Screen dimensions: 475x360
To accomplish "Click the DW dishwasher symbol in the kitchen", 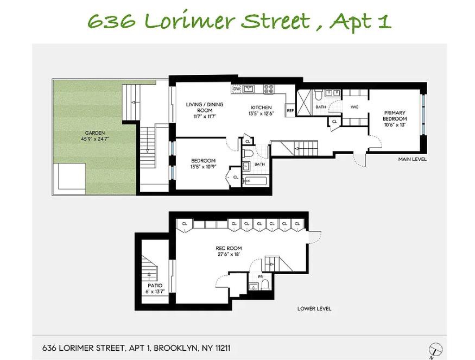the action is (237, 89).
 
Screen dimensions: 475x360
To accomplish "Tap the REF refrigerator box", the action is (290, 111).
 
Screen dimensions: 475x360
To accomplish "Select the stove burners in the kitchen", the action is (269, 89).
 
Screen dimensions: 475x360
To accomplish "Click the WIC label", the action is (354, 107).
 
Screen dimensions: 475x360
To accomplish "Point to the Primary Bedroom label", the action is (395, 116).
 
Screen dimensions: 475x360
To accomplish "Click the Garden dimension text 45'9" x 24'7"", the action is (95, 139).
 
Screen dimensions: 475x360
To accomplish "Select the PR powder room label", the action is (260, 277).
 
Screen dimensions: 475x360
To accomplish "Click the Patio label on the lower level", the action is (155, 286).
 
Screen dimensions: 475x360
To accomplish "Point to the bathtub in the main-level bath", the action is (255, 181).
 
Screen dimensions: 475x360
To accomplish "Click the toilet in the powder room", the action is (265, 285).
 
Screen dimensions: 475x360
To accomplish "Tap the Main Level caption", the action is (412, 159).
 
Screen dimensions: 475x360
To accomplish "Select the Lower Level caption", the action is (314, 308).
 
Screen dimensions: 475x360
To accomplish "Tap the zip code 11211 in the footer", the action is (223, 348).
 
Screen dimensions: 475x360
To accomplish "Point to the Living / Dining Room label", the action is (205, 108).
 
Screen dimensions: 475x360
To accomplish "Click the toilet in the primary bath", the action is (318, 94).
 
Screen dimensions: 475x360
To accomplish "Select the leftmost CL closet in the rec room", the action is (185, 225).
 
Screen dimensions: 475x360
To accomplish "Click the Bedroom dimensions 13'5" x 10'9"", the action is (203, 166).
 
